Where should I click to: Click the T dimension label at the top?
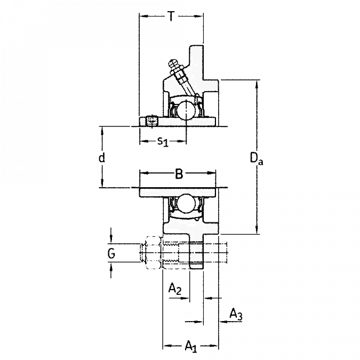click(170, 17)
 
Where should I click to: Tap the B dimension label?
click(179, 173)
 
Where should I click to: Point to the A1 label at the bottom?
click(189, 347)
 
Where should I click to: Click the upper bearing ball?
click(186, 110)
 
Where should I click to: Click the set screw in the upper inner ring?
click(151, 122)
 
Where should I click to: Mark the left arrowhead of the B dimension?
click(142, 173)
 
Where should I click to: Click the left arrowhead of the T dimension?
click(141, 17)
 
